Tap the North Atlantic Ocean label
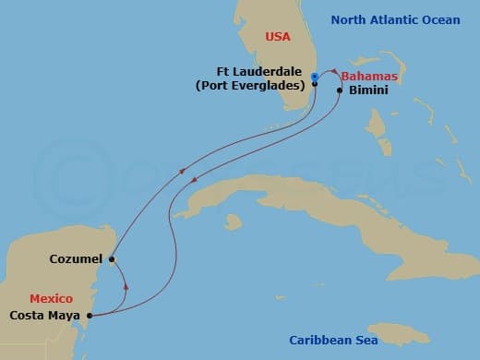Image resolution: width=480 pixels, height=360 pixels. pyautogui.click(x=409, y=19)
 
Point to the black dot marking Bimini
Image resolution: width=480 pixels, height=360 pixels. pyautogui.click(x=341, y=90)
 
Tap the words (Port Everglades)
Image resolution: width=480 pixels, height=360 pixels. pyautogui.click(x=250, y=86)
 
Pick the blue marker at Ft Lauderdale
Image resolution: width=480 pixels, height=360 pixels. pyautogui.click(x=315, y=76)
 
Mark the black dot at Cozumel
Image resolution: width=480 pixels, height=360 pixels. pyautogui.click(x=111, y=259)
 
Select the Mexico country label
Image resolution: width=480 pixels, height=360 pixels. pyautogui.click(x=50, y=299)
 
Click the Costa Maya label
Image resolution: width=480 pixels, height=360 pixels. pyautogui.click(x=44, y=316)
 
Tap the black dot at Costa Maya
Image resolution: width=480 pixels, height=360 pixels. pyautogui.click(x=90, y=316)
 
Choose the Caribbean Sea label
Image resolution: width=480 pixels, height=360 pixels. pyautogui.click(x=337, y=340)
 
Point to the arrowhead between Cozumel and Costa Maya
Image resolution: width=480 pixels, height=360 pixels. pyautogui.click(x=125, y=286)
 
